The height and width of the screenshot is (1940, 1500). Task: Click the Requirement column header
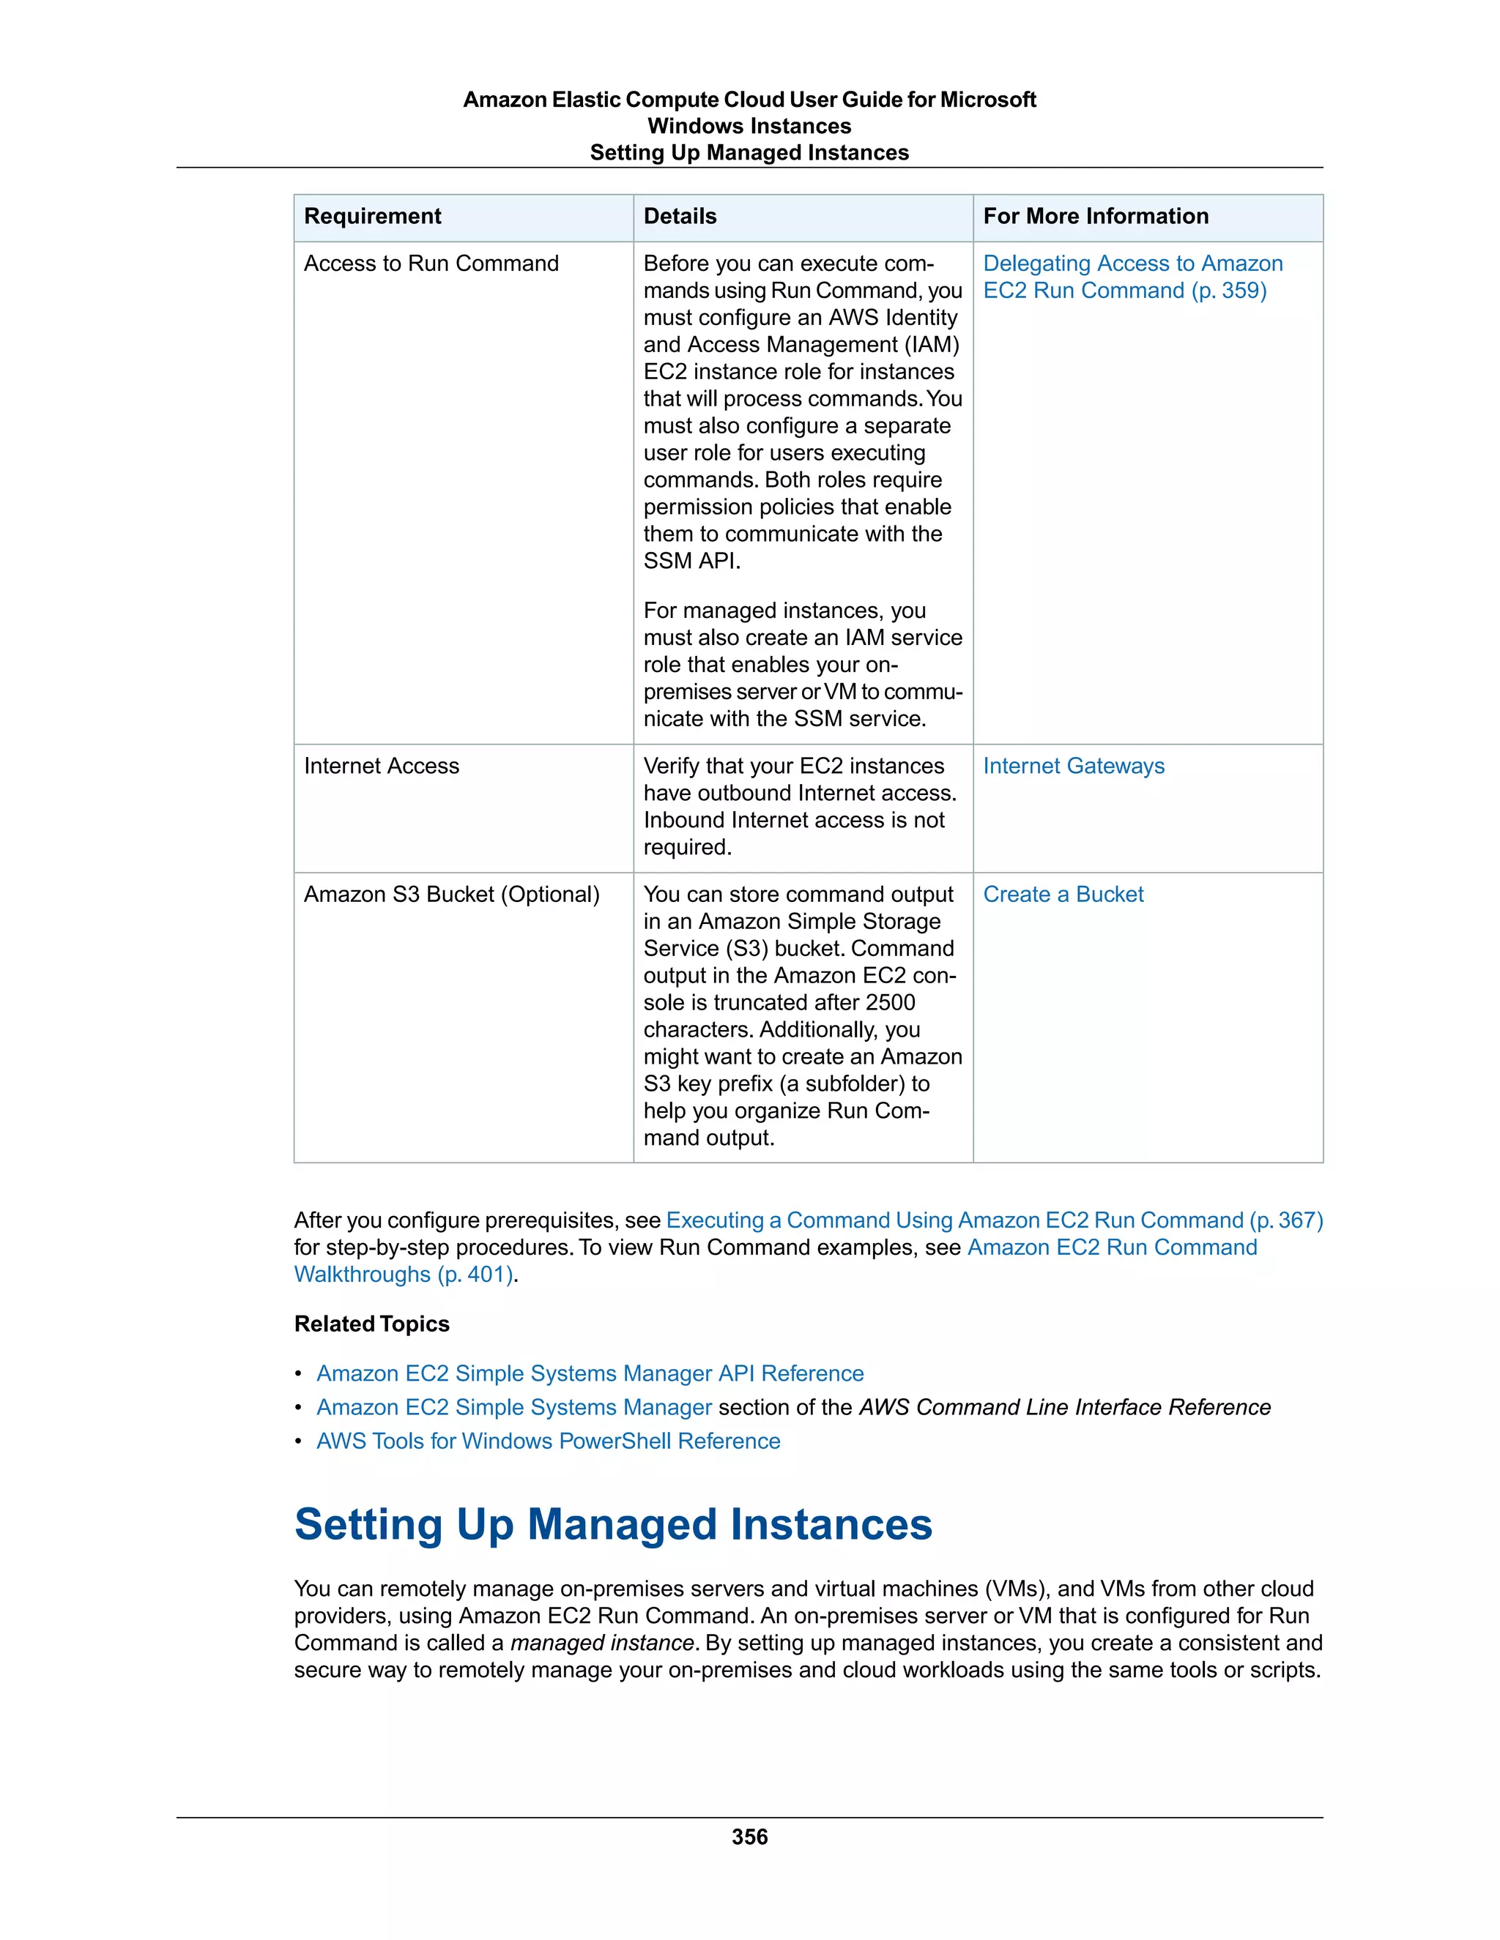[x=372, y=216]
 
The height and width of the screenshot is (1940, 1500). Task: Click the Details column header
[x=680, y=216]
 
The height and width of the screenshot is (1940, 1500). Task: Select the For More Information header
[x=1095, y=216]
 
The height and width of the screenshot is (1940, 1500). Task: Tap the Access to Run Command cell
[x=431, y=264]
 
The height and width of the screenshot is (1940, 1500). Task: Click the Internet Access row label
[x=381, y=766]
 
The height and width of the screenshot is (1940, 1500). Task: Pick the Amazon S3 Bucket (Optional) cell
[x=451, y=895]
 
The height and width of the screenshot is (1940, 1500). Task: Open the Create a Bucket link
[x=1063, y=895]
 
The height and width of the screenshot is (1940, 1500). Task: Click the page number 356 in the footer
[x=749, y=1837]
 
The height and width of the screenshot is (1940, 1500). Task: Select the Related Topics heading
[x=371, y=1324]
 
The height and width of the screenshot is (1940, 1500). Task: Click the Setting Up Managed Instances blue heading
[x=613, y=1524]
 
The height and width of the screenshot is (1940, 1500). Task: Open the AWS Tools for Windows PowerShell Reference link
[x=549, y=1441]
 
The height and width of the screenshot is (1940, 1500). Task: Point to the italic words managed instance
[x=601, y=1643]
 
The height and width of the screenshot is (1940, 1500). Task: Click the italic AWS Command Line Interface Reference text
[x=1064, y=1407]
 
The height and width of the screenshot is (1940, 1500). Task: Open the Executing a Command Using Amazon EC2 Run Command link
[x=993, y=1220]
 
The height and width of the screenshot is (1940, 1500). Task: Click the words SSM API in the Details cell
[x=691, y=562]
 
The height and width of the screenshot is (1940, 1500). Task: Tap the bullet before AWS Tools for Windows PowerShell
[x=300, y=1441]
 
